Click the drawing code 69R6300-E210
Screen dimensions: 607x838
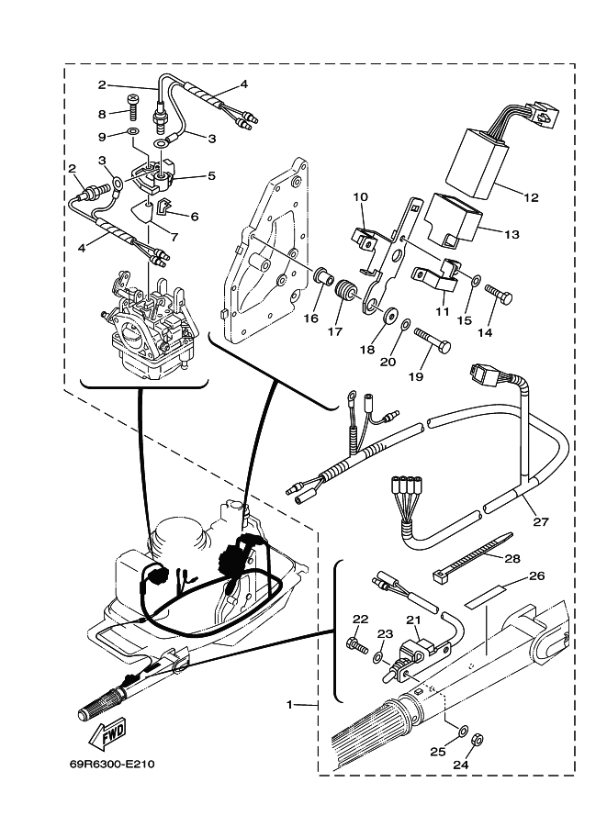(x=112, y=765)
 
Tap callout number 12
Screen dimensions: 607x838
(x=531, y=197)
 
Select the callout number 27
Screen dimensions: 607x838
(x=541, y=521)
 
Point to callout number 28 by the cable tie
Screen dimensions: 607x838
(x=512, y=559)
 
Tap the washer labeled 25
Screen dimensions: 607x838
(x=463, y=729)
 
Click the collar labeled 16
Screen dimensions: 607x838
(x=323, y=277)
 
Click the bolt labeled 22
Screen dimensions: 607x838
(x=357, y=643)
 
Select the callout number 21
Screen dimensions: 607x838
(x=413, y=620)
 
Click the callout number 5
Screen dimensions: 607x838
(x=211, y=176)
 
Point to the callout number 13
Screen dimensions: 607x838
(x=511, y=234)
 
